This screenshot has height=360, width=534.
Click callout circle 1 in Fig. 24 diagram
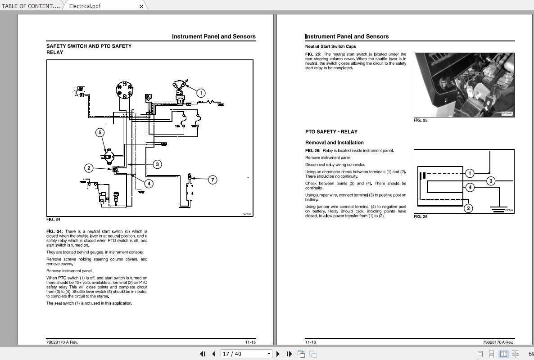[201, 93]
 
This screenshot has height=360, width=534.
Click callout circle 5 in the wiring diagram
[100, 132]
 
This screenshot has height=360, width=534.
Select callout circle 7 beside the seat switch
[213, 180]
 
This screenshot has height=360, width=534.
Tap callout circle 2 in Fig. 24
[89, 168]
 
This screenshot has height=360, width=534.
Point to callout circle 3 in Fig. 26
[491, 181]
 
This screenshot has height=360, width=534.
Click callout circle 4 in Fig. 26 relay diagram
[470, 187]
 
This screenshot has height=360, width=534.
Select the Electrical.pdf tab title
[85, 6]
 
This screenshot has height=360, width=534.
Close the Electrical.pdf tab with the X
[141, 6]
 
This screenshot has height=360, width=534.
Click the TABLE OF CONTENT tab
[31, 6]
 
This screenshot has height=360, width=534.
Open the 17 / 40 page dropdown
[268, 354]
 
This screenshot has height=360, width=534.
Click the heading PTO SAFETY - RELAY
[331, 132]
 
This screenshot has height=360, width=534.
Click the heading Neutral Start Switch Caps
[330, 46]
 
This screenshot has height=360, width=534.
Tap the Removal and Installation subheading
[334, 143]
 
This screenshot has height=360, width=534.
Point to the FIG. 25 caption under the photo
[421, 121]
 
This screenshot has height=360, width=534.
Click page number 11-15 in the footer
[250, 342]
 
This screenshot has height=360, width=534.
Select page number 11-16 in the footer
[311, 342]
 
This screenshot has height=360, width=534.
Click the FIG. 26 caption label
[421, 217]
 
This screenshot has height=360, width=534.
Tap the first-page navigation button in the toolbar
[203, 354]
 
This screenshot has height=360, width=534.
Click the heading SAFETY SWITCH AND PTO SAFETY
[89, 46]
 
